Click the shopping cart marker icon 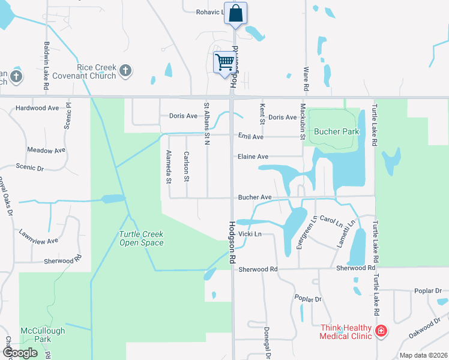224,62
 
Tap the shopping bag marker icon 236,13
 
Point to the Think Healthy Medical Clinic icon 380,331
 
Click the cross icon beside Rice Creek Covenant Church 125,71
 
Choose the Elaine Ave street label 253,157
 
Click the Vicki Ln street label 250,233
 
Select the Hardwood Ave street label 37,108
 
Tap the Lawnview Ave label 38,236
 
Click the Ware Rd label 306,79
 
